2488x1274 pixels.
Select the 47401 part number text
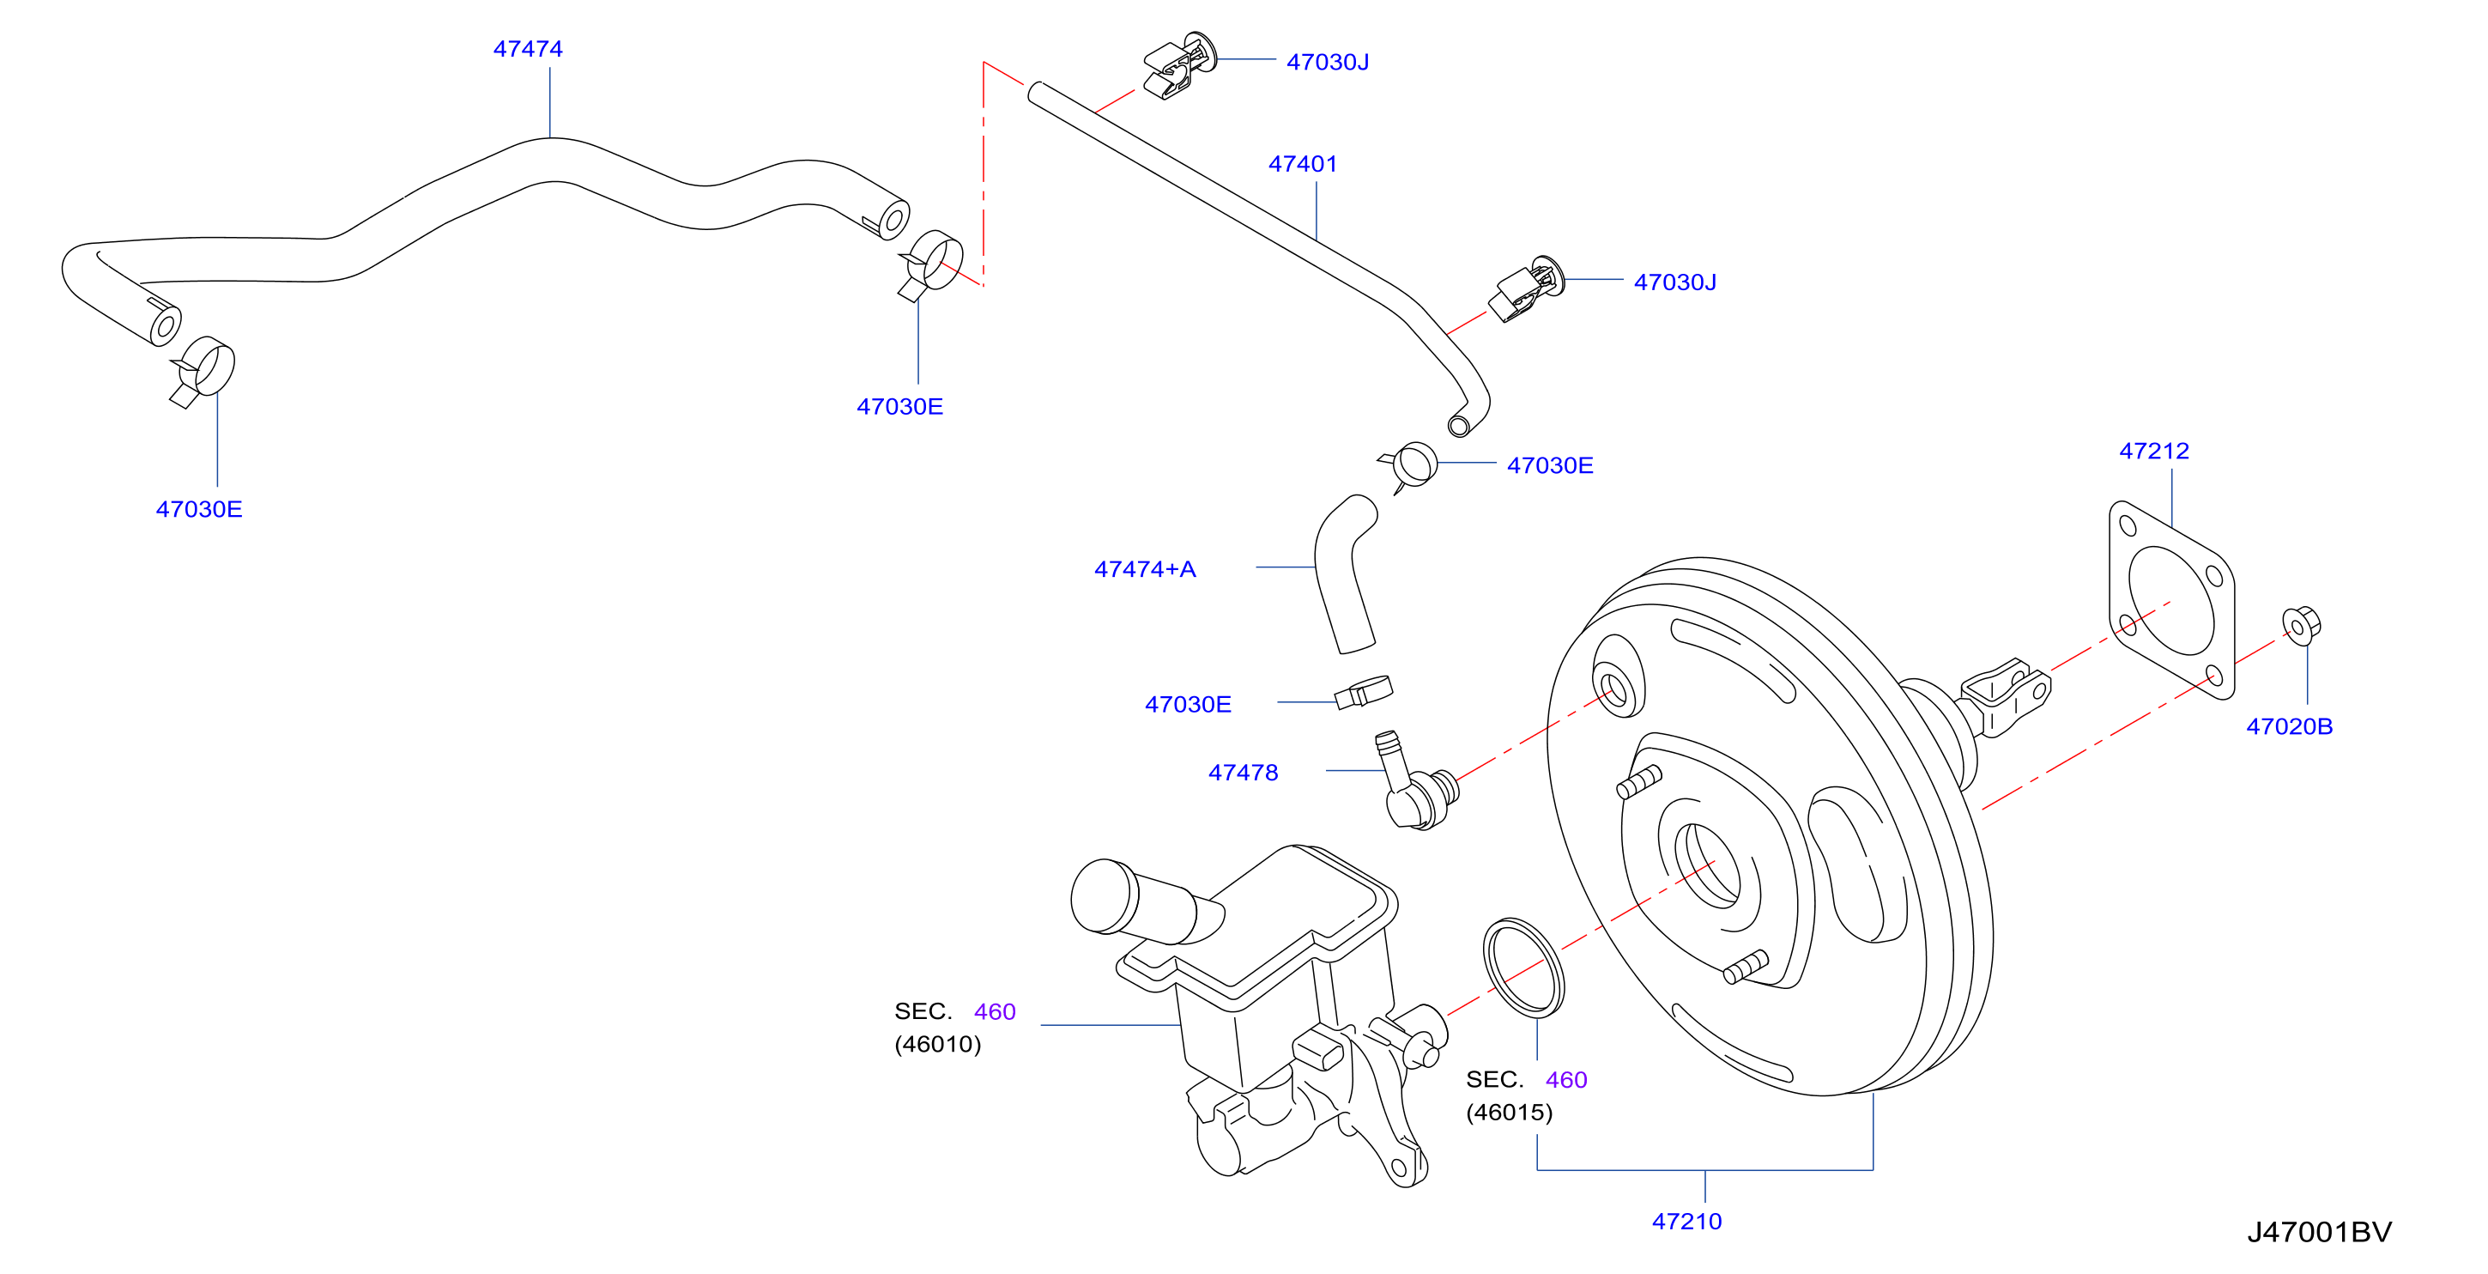(x=1302, y=164)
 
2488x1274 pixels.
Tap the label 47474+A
(x=1145, y=569)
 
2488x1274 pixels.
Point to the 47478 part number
(x=1243, y=773)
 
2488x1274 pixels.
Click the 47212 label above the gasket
(x=2154, y=451)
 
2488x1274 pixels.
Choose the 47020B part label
(x=2289, y=726)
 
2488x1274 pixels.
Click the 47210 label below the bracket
(x=1686, y=1222)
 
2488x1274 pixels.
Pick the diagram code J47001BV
(x=2319, y=1233)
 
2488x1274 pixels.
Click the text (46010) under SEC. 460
(x=937, y=1044)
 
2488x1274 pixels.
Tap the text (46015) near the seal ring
(x=1509, y=1113)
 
